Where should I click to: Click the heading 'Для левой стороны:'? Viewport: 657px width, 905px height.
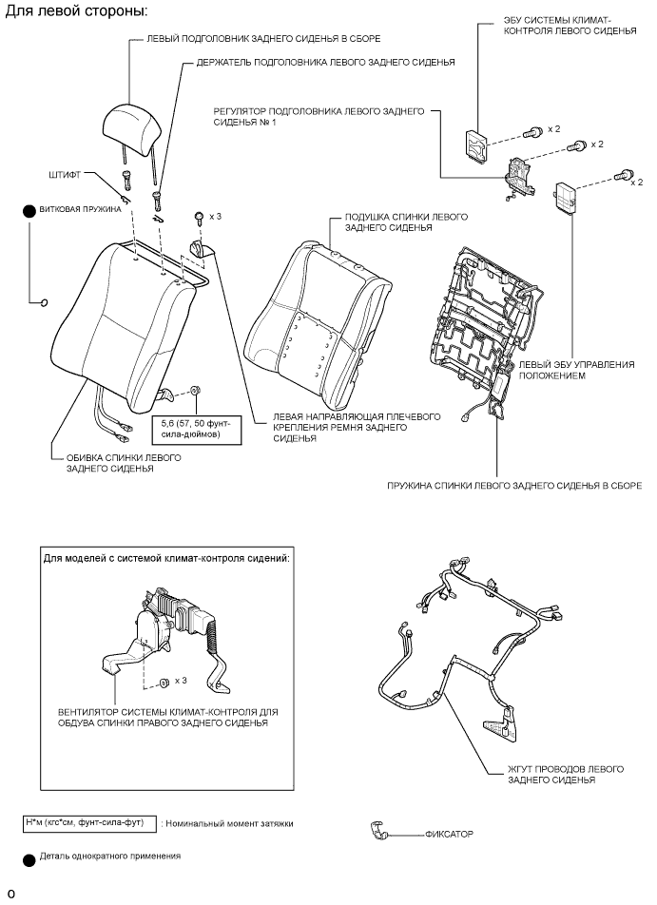[x=77, y=12]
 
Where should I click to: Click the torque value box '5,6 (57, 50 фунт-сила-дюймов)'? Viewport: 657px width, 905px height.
[x=197, y=428]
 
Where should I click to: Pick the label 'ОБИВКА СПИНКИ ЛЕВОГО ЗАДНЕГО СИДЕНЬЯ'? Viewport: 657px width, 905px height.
[x=116, y=463]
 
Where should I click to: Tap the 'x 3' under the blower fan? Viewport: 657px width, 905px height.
[x=182, y=681]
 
